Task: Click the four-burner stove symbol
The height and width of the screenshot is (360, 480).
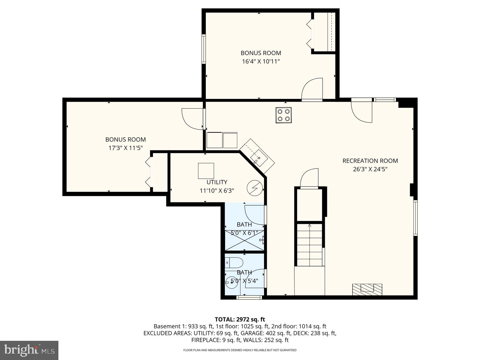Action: tap(283, 115)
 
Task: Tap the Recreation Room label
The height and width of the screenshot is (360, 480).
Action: tap(370, 161)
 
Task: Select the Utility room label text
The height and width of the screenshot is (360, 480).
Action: tap(217, 182)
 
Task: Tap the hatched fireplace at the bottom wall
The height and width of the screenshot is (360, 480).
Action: tap(367, 289)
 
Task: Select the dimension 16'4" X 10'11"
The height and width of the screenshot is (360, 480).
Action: tap(261, 62)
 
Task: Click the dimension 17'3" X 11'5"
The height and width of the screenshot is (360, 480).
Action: tap(125, 148)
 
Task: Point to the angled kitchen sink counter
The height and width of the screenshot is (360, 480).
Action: tap(257, 156)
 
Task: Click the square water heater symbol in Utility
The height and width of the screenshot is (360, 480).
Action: tap(206, 171)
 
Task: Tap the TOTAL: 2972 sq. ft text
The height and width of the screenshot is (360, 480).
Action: tap(240, 319)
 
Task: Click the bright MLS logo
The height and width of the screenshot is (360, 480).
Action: tap(29, 350)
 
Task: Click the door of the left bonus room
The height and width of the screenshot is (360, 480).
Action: tap(193, 119)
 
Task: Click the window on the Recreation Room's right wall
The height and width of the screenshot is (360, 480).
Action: tap(415, 218)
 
